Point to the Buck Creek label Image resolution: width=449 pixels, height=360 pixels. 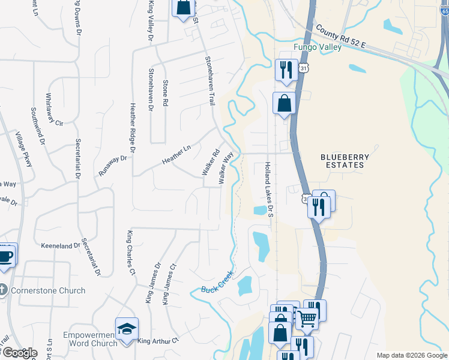point(217,282)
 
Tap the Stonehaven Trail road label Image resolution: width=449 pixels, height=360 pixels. point(210,80)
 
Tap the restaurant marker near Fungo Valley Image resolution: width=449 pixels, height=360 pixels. point(286,70)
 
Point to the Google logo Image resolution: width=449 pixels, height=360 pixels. point(20,353)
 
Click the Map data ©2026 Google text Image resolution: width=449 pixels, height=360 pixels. point(411,355)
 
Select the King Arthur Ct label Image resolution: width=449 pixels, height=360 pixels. point(158,341)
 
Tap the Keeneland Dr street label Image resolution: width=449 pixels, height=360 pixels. point(60,246)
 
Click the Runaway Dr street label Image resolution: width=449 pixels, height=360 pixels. point(113,166)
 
